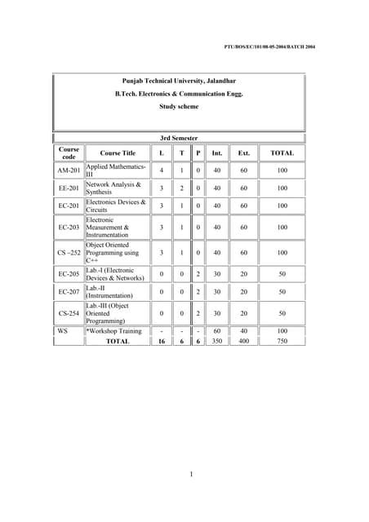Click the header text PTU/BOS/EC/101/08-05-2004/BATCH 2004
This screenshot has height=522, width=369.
269,46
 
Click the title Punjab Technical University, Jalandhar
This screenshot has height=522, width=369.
178,82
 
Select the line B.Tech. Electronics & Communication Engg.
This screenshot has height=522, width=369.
178,94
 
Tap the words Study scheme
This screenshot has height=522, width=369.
178,106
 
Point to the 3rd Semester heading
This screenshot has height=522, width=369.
178,138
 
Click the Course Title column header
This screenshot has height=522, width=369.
118,153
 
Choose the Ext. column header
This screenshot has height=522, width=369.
243,153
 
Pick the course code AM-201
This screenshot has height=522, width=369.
69,170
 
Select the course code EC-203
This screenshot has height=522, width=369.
69,228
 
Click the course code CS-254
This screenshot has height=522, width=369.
69,313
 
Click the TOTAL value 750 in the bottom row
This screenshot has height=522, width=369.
282,342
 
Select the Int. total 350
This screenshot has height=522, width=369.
217,342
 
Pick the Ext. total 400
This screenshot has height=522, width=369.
243,342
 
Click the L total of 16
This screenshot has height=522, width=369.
162,342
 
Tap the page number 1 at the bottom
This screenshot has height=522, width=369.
190,475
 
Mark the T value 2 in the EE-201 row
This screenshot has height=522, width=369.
181,188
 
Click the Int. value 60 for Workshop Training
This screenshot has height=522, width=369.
217,331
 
